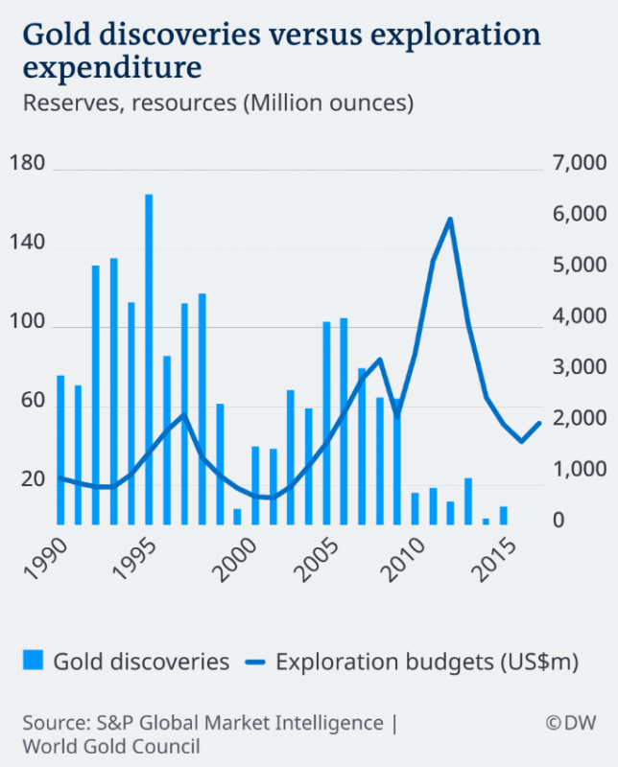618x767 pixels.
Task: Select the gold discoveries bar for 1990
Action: pyautogui.click(x=60, y=450)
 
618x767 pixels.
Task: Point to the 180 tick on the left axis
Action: pyautogui.click(x=33, y=164)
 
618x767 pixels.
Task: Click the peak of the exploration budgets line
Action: pyautogui.click(x=449, y=220)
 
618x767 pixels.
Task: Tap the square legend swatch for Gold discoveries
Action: pyautogui.click(x=33, y=661)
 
